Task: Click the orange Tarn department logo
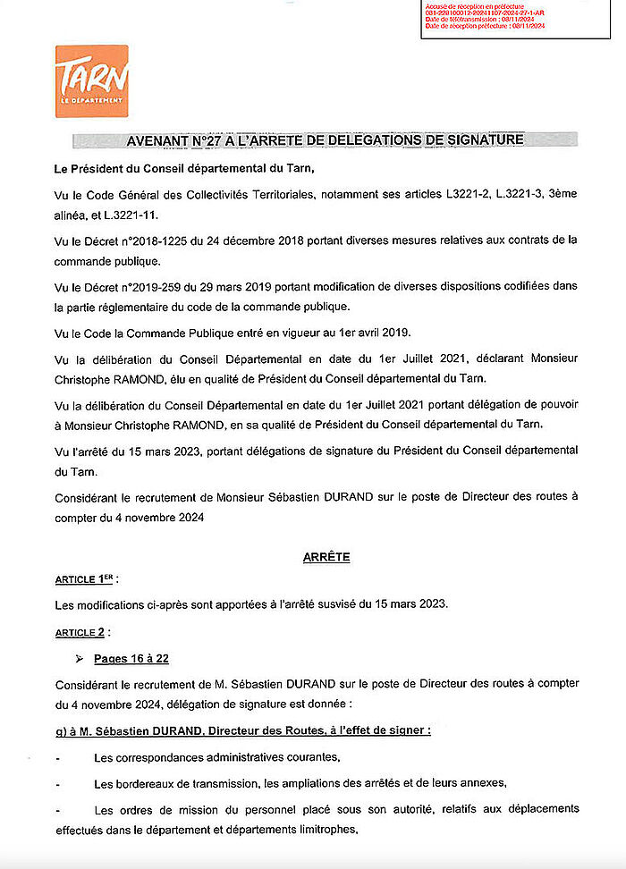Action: pyautogui.click(x=91, y=80)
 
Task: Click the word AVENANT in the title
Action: pyautogui.click(x=163, y=140)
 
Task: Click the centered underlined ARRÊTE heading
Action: pyautogui.click(x=326, y=556)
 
